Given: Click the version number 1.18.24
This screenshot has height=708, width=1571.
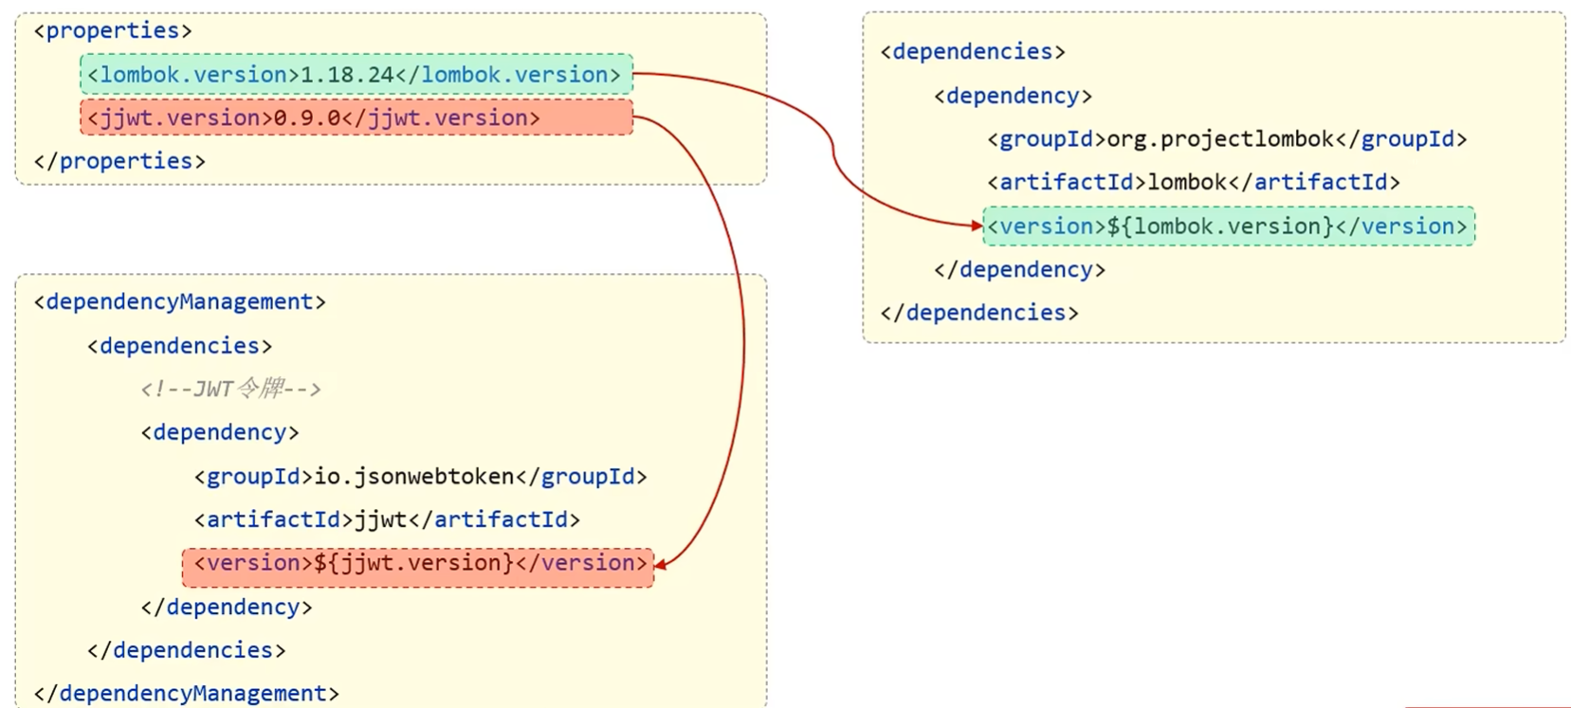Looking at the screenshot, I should click(x=347, y=75).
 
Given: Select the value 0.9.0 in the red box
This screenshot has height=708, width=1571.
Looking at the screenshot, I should click(x=307, y=118).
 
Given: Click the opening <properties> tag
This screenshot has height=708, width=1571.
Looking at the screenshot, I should click(x=113, y=31).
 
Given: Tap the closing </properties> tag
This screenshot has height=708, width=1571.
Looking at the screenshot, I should click(x=119, y=161).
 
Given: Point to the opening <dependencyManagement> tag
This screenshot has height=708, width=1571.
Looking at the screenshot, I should click(x=180, y=302).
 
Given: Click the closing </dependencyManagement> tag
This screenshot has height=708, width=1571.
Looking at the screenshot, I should click(x=187, y=694).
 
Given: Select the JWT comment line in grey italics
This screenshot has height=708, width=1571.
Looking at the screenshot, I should click(x=230, y=389).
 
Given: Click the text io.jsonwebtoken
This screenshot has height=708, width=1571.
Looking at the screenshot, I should click(x=414, y=476).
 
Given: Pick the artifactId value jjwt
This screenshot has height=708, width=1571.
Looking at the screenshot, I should click(x=380, y=519).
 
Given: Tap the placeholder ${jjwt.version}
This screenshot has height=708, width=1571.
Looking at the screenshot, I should click(x=413, y=563).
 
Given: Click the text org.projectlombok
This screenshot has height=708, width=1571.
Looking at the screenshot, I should click(x=1220, y=139).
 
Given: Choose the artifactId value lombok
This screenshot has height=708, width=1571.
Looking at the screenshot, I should click(x=1187, y=182).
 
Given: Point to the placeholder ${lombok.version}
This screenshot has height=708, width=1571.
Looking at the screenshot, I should click(x=1220, y=227).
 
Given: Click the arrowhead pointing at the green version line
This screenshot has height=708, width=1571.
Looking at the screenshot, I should click(x=977, y=226).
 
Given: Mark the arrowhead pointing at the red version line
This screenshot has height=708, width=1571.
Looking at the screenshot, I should click(x=661, y=565).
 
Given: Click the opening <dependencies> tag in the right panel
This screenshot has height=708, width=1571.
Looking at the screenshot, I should click(x=973, y=52).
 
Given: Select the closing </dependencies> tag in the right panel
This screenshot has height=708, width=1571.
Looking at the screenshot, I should click(x=979, y=313).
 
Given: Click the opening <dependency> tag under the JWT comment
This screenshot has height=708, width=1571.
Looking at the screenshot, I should click(x=220, y=432).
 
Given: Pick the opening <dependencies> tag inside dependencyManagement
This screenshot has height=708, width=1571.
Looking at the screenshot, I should click(x=180, y=346).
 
